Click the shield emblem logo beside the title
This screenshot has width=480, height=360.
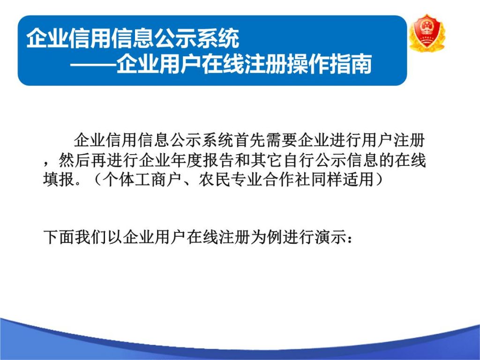coord(427,33)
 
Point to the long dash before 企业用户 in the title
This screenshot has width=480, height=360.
coord(93,65)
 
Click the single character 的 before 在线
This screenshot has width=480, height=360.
coord(386,160)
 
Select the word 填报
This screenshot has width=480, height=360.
coord(59,180)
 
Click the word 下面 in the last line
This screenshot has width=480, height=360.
coord(59,237)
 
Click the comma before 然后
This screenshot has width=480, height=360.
coord(46,164)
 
